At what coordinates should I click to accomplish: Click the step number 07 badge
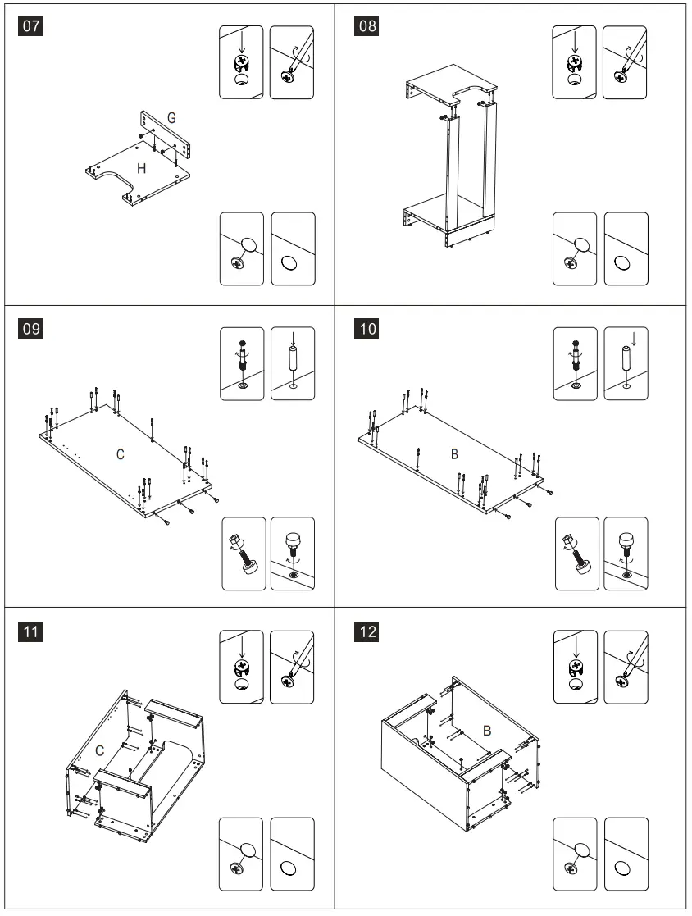click(30, 25)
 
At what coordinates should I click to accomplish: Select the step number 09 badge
click(30, 329)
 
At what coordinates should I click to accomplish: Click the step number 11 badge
click(30, 632)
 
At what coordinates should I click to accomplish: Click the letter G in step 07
click(171, 118)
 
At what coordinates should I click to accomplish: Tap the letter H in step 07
click(142, 168)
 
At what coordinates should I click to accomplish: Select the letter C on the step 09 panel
click(120, 454)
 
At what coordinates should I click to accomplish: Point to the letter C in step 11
click(99, 750)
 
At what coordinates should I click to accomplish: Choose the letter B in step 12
click(486, 730)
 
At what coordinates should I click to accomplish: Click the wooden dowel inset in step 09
click(293, 362)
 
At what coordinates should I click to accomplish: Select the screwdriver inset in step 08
click(626, 62)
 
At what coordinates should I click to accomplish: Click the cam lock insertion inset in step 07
click(242, 62)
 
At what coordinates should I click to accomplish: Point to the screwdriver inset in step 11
click(292, 666)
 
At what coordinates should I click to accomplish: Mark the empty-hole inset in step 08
click(626, 249)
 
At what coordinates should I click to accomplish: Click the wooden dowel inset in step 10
click(626, 362)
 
